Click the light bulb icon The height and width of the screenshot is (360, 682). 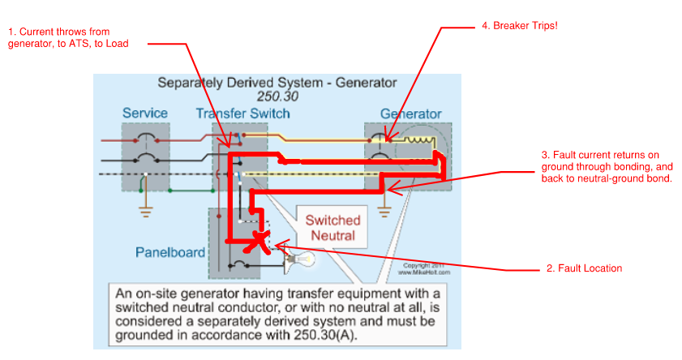(300, 260)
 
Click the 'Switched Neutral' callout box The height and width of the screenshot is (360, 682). (332, 227)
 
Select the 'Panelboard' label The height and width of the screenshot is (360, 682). (170, 252)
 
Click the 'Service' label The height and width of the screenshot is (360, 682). (145, 113)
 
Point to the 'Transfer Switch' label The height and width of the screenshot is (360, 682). (242, 114)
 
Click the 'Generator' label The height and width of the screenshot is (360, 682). (411, 114)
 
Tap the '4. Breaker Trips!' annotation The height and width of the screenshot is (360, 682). (519, 26)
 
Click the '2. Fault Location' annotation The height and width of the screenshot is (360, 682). (584, 268)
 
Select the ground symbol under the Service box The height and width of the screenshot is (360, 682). (146, 212)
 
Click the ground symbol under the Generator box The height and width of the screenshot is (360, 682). (384, 212)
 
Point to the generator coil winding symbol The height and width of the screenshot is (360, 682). (419, 139)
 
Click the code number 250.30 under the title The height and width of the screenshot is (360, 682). (277, 96)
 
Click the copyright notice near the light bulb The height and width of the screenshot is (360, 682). (424, 268)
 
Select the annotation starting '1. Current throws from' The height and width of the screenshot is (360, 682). (68, 37)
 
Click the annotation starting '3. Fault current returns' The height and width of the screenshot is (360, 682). (607, 166)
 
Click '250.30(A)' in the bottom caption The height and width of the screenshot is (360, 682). (325, 335)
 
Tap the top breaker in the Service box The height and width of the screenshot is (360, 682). (146, 139)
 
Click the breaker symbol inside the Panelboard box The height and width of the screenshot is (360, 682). (239, 264)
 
